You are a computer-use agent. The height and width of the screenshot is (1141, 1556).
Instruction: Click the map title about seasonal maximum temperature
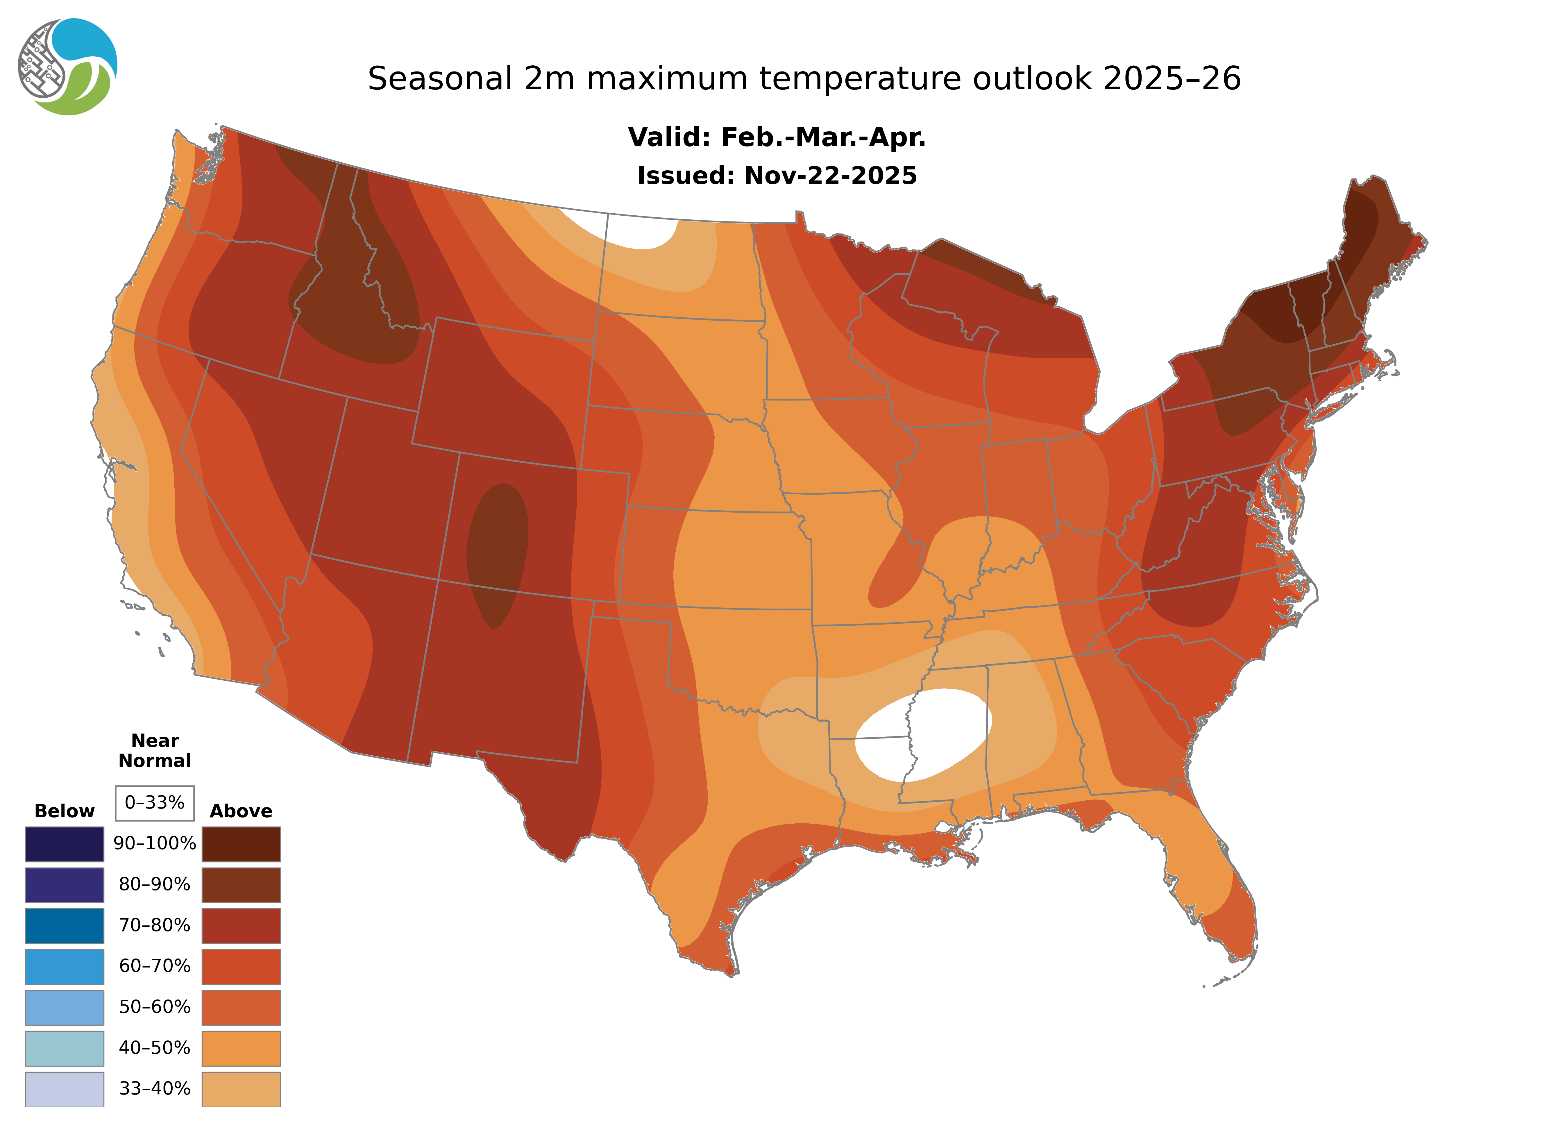click(x=804, y=79)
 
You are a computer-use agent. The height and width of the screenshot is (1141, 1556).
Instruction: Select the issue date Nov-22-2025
click(x=776, y=176)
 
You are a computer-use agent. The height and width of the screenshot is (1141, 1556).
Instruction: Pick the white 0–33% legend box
click(x=155, y=803)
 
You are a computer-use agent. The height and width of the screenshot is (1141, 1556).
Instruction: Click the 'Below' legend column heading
click(x=64, y=811)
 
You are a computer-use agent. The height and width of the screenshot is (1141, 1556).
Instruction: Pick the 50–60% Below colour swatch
click(x=64, y=1007)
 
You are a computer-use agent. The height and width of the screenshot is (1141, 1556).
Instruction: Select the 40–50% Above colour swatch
click(x=241, y=1048)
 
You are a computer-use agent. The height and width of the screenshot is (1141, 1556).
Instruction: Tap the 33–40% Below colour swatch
click(x=64, y=1088)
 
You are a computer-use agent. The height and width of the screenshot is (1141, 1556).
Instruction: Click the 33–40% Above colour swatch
click(x=241, y=1088)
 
